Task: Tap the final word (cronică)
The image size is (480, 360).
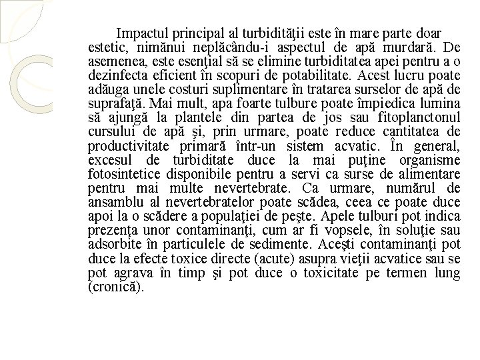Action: (115, 288)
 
